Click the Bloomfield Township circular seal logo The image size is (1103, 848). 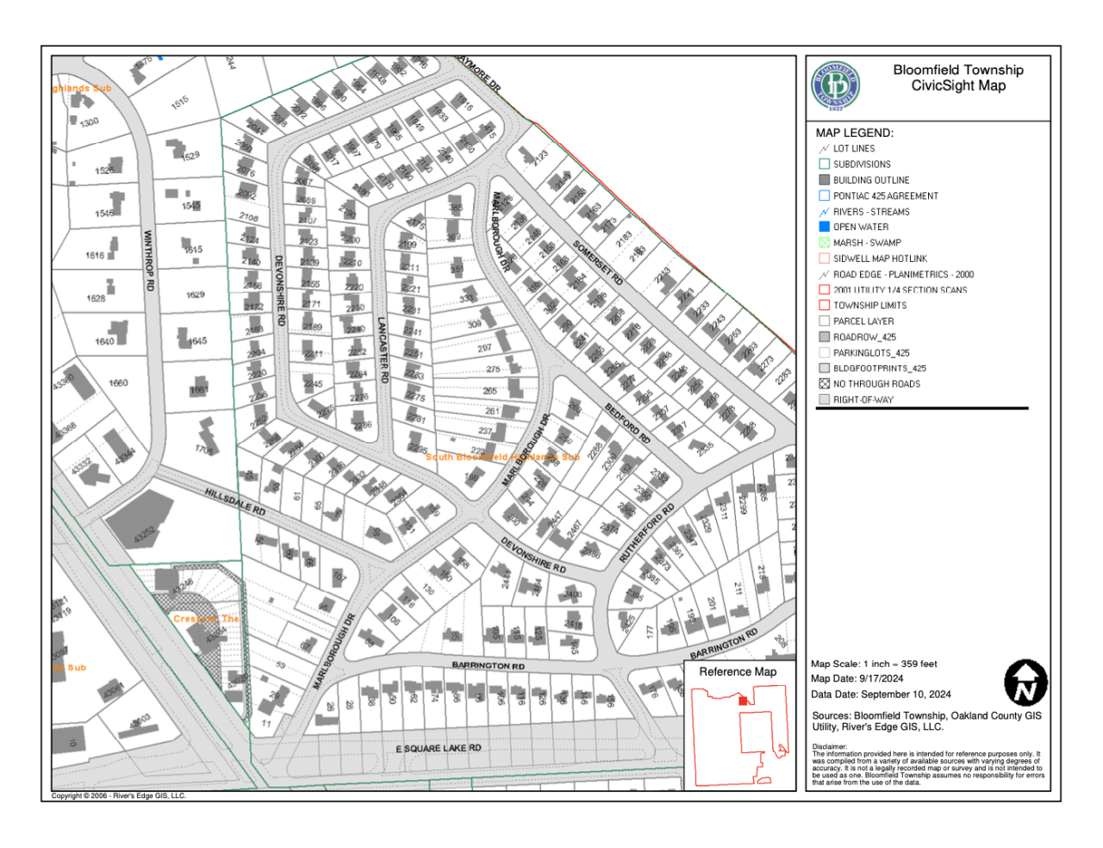(x=835, y=86)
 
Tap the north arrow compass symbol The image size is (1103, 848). (x=1025, y=683)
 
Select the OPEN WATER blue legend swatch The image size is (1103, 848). (x=824, y=227)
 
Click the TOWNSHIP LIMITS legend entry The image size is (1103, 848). (x=869, y=305)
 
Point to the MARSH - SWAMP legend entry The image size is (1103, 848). (x=867, y=243)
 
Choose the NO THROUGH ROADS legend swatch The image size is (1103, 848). (x=824, y=383)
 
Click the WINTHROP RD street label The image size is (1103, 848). (x=149, y=259)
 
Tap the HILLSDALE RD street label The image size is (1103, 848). (x=235, y=502)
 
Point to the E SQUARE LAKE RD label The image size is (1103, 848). (x=438, y=748)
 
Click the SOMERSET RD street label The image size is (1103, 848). (x=597, y=263)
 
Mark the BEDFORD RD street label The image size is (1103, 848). (x=627, y=422)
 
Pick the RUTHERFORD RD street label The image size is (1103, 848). (x=647, y=533)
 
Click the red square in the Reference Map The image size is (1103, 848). (x=743, y=701)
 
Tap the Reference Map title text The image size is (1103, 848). (x=738, y=671)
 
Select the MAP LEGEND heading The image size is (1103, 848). (x=854, y=133)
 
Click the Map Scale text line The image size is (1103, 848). (x=874, y=664)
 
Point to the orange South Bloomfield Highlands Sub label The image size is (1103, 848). (x=502, y=457)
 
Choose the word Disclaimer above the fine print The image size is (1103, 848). (x=829, y=746)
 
